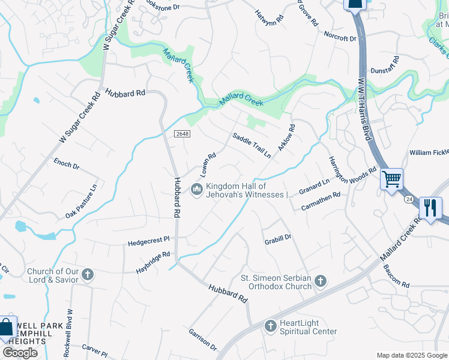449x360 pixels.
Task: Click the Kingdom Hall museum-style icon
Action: click(196, 190)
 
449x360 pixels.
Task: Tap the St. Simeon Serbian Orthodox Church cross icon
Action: click(321, 281)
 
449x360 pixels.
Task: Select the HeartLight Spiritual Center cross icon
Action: click(270, 326)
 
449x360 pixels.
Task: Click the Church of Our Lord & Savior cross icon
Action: click(88, 275)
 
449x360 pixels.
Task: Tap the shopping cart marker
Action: click(391, 178)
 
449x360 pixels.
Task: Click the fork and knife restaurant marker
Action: click(430, 208)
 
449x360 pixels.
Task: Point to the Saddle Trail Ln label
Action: click(252, 146)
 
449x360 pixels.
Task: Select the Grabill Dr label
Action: click(278, 238)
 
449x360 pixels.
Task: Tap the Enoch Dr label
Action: click(66, 164)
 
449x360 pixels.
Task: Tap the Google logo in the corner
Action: click(20, 352)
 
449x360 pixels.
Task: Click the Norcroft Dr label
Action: click(340, 38)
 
